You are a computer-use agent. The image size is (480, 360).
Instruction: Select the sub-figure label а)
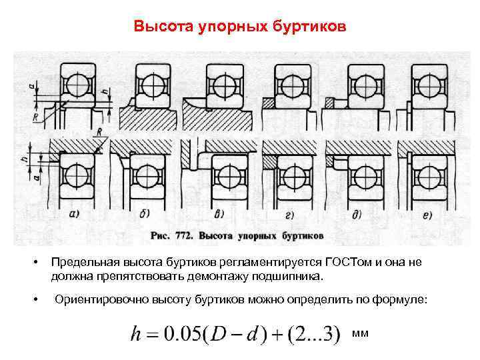point(75,214)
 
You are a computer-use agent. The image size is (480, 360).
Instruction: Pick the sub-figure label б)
point(145,214)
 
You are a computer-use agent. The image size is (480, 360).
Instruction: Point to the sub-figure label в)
point(220,214)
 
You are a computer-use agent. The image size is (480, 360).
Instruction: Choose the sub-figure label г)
point(290,215)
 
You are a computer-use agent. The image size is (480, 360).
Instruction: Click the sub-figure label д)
point(357,215)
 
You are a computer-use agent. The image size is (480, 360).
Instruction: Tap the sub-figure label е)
point(427,214)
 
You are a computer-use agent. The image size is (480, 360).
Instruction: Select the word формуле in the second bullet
point(397,301)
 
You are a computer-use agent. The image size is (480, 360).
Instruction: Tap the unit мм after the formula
point(360,331)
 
